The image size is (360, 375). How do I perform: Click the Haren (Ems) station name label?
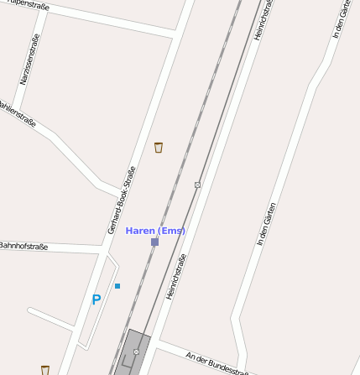(x=155, y=231)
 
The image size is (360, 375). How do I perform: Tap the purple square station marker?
(x=154, y=242)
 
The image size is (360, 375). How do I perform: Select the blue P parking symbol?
(x=97, y=299)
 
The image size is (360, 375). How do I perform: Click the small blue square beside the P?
(x=117, y=286)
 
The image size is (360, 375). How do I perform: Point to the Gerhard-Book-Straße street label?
(x=122, y=200)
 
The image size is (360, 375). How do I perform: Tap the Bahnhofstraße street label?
(x=23, y=247)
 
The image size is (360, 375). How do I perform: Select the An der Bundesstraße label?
(x=217, y=362)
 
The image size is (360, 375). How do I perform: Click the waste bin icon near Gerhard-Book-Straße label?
(x=159, y=148)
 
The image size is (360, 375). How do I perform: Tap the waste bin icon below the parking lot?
(x=45, y=369)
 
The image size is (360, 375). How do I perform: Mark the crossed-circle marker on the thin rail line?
(x=198, y=185)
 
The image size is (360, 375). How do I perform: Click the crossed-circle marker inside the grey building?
(x=136, y=352)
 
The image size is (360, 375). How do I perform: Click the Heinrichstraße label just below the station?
(x=175, y=276)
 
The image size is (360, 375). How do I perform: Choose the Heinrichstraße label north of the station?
(x=264, y=18)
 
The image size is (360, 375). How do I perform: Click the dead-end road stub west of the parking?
(x=50, y=318)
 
